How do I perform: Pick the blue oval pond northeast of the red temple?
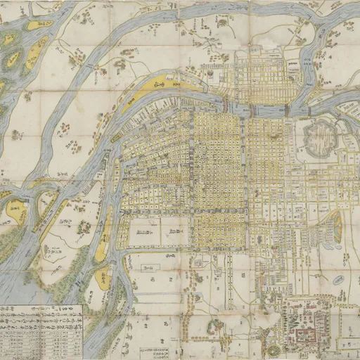pyautogui.click(x=338, y=280)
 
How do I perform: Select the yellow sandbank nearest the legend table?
pyautogui.click(x=103, y=278)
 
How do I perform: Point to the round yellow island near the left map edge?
pyautogui.click(x=15, y=209)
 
